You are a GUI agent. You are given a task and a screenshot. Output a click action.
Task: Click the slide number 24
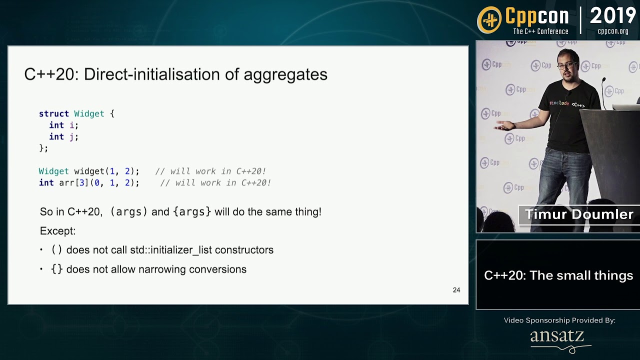click(456, 290)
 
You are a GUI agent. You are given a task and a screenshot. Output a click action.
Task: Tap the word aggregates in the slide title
click(285, 75)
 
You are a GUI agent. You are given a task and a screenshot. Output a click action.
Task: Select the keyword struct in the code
click(54, 113)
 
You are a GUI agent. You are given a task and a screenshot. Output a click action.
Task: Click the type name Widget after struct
click(89, 113)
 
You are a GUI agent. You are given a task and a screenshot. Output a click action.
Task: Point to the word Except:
click(57, 231)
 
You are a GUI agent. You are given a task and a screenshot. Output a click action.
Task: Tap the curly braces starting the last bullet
click(56, 269)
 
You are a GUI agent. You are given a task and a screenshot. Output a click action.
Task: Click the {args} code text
click(192, 211)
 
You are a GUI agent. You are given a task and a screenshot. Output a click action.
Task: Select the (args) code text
click(129, 211)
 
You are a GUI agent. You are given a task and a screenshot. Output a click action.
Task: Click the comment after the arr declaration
click(215, 183)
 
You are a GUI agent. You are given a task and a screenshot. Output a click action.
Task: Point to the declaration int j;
click(63, 137)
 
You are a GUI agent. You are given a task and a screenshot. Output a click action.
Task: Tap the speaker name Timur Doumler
click(579, 214)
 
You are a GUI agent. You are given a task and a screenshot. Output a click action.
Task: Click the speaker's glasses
click(566, 65)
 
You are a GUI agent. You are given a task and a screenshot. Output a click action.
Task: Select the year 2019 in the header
click(612, 15)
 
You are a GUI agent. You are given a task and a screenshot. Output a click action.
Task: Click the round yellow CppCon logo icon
click(489, 19)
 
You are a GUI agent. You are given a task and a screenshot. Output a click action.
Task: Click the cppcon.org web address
click(613, 31)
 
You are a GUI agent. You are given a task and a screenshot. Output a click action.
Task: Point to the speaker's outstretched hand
click(504, 125)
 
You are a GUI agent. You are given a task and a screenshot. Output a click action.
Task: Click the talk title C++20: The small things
click(558, 275)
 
